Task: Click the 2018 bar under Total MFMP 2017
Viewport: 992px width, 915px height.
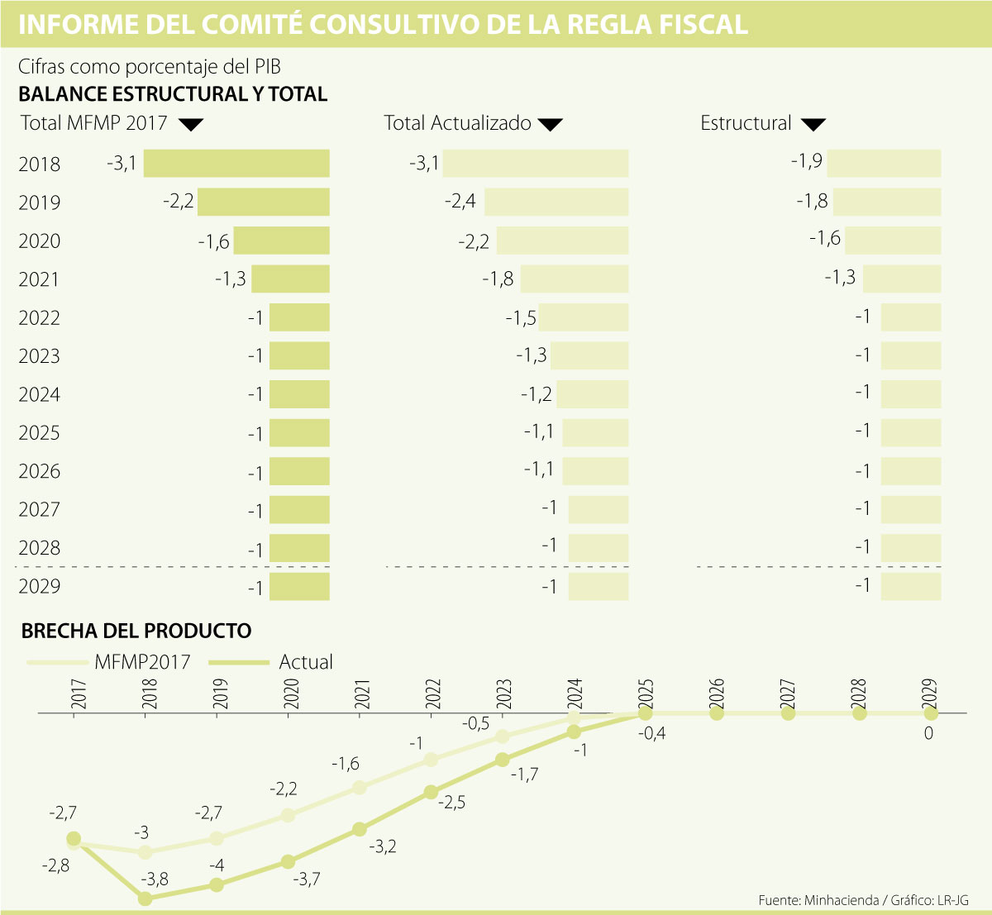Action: coord(236,164)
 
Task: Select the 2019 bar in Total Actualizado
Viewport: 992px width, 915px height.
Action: coord(556,203)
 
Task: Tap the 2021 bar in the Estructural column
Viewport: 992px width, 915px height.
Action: coord(902,279)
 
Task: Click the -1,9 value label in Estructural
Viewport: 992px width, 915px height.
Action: coord(806,160)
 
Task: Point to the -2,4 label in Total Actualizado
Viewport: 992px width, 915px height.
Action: coord(460,200)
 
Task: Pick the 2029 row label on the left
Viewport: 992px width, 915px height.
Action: coord(40,586)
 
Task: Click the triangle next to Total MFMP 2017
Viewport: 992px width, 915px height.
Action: coord(191,125)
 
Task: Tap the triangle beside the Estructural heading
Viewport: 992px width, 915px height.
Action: coord(813,125)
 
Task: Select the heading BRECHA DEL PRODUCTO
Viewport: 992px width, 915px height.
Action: coord(136,631)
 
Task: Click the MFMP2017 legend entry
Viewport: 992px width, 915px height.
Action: coord(142,662)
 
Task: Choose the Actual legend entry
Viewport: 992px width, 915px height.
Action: coord(306,662)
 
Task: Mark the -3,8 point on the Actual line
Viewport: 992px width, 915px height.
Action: coord(145,898)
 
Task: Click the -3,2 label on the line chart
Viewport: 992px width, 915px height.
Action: coord(383,846)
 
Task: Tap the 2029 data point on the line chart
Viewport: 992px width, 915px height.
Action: coord(930,713)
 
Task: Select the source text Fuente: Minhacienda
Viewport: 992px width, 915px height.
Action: coord(818,900)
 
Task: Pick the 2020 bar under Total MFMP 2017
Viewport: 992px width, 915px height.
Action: coord(281,241)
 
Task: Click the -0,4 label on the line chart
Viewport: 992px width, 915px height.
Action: coord(652,733)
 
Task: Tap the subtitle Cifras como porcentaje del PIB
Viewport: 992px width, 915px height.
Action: coord(150,67)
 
